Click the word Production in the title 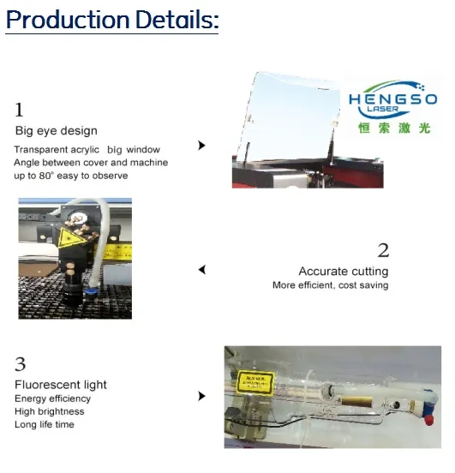pos(69,20)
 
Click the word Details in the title pos(177,20)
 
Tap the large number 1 pos(20,110)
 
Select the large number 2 pos(383,250)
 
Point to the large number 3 pos(21,364)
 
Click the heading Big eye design pos(56,131)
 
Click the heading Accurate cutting pos(344,272)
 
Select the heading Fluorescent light pos(61,385)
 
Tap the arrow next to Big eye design pos(201,146)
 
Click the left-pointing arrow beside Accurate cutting pos(202,270)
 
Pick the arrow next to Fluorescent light pos(201,396)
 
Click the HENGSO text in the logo pos(392,99)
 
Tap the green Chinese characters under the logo pos(394,129)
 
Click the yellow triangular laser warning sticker pos(69,237)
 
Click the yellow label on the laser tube pos(255,383)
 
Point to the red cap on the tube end pos(429,420)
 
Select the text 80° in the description pos(46,176)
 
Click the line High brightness pos(50,411)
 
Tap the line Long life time pos(45,424)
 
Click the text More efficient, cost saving pos(331,285)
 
